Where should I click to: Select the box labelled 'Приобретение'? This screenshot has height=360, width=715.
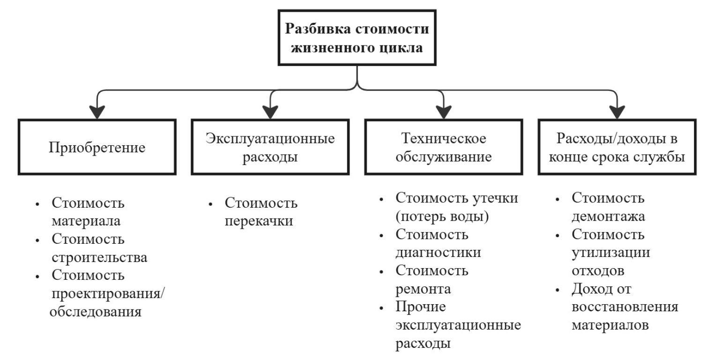97,147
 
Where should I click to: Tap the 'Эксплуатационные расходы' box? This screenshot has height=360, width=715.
270,147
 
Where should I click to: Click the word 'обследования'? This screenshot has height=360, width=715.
96,311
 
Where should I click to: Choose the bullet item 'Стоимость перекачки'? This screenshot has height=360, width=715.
261,211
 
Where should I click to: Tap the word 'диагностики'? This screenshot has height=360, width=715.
438,252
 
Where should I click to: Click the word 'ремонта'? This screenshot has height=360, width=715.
424,289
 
